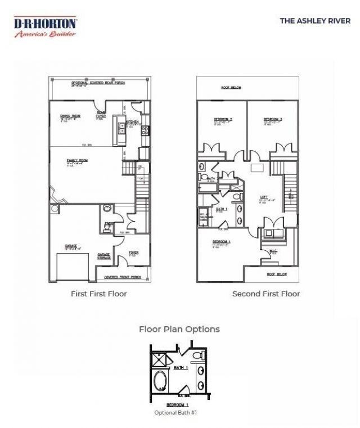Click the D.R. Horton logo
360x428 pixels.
click(45, 26)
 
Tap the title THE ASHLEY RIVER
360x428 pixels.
click(315, 21)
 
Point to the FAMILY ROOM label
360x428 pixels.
click(77, 160)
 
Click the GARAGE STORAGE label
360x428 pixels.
click(104, 255)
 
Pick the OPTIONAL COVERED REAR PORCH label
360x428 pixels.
click(98, 83)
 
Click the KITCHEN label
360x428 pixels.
click(132, 121)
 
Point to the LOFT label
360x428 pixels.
click(264, 197)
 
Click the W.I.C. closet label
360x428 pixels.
click(273, 251)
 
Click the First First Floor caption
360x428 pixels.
click(98, 294)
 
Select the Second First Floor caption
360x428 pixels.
click(266, 294)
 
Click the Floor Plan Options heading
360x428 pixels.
click(179, 329)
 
